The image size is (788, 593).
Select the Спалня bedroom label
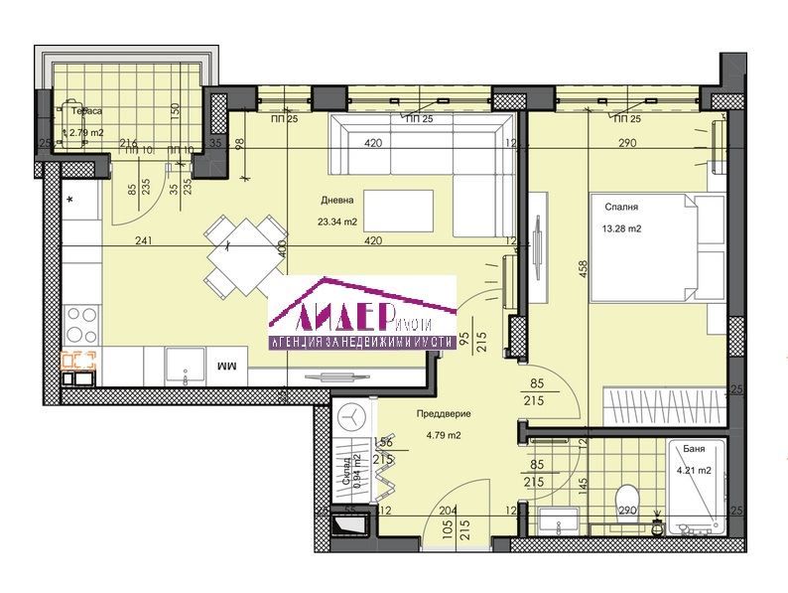(620, 208)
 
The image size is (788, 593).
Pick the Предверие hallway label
(442, 414)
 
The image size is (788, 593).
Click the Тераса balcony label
(82, 112)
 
